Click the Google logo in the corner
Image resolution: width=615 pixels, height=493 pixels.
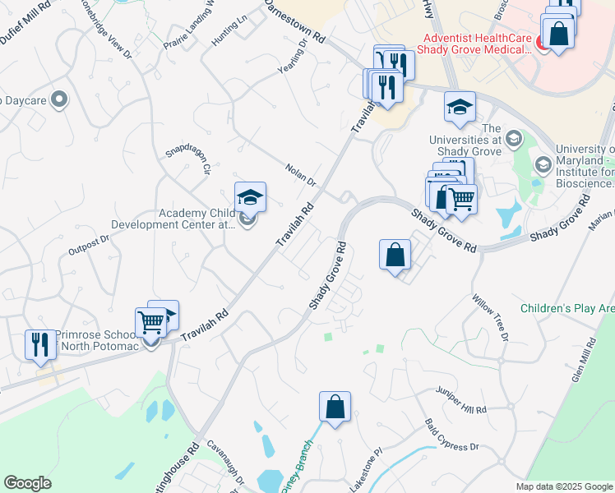click(x=27, y=483)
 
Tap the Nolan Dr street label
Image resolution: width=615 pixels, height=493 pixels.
click(x=301, y=174)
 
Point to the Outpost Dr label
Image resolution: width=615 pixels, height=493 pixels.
click(x=89, y=244)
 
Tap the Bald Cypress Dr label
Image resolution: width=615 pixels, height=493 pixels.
click(x=451, y=435)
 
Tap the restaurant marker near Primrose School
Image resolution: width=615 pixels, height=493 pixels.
click(x=39, y=344)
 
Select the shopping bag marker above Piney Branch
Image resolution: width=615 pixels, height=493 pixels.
click(x=335, y=406)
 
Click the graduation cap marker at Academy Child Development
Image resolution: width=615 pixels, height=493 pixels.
click(x=250, y=197)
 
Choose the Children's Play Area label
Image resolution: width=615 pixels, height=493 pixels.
click(x=567, y=309)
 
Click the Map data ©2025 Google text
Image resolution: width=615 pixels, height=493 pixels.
click(x=563, y=486)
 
